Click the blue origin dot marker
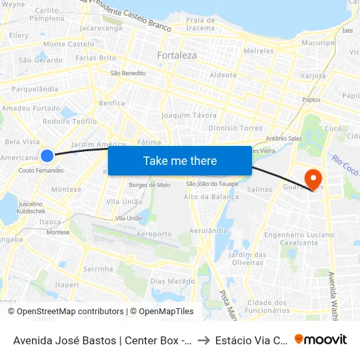(x=47, y=155)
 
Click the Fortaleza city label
(x=177, y=56)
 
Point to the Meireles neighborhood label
(x=258, y=50)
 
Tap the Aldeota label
(x=223, y=75)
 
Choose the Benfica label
(x=111, y=103)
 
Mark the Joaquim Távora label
(x=189, y=115)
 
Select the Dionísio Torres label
(x=235, y=128)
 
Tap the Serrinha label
(x=98, y=269)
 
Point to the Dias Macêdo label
(x=172, y=281)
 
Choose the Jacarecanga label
(x=100, y=29)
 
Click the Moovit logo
(x=321, y=339)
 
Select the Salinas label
(x=260, y=189)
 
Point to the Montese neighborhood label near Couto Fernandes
(x=66, y=189)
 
